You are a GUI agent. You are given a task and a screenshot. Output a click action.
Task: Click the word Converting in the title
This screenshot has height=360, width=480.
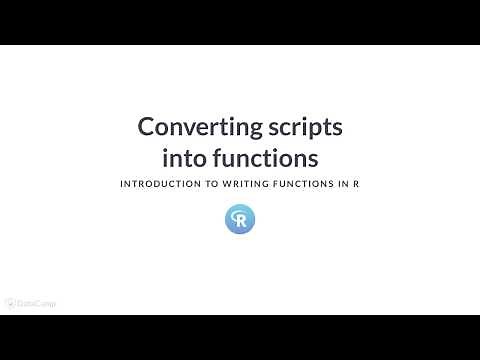click(x=194, y=128)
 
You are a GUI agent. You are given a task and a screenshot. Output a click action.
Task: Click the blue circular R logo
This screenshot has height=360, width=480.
click(x=240, y=219)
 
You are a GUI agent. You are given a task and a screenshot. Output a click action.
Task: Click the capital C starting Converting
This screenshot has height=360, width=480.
click(x=146, y=128)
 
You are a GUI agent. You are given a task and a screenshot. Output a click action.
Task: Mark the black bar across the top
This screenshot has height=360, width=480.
click(x=240, y=22)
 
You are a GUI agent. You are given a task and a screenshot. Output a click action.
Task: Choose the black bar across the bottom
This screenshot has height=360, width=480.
click(x=240, y=337)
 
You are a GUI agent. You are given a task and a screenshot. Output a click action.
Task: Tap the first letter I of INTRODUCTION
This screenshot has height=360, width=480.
click(x=121, y=185)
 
